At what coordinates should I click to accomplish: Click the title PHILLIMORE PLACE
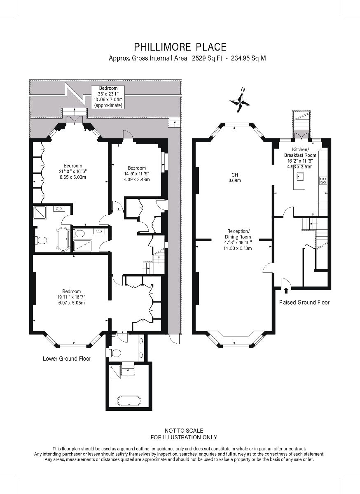(x=180, y=47)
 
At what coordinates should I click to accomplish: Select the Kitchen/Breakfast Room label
(x=300, y=158)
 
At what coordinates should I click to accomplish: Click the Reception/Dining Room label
(x=238, y=240)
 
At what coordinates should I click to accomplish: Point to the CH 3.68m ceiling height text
(x=235, y=177)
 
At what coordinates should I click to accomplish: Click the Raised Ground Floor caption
(x=304, y=302)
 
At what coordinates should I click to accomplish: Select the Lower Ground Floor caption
(x=67, y=359)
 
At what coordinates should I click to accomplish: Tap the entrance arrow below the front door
(x=286, y=291)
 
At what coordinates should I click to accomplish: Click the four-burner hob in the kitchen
(x=323, y=181)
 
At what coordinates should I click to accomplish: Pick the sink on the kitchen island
(x=300, y=176)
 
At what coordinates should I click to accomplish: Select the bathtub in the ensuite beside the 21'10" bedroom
(x=63, y=239)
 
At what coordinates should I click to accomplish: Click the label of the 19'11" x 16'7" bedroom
(x=72, y=297)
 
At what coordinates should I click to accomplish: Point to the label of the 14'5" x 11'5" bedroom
(x=137, y=174)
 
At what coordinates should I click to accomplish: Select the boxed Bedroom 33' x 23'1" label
(x=108, y=97)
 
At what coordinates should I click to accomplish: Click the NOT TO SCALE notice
(x=184, y=431)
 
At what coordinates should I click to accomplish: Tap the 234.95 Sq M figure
(x=248, y=58)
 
